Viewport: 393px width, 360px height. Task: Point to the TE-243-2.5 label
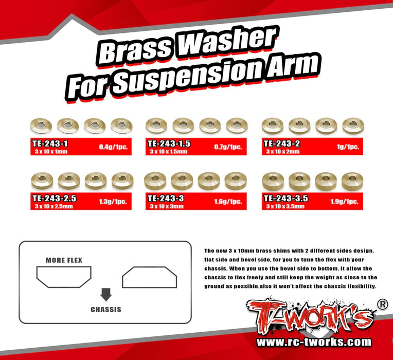coord(52,197)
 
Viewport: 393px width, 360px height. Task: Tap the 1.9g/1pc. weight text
coord(344,202)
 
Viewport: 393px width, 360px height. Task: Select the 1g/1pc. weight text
coord(348,147)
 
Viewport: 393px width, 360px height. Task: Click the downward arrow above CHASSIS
coord(106,294)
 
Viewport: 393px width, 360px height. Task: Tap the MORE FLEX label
coord(64,260)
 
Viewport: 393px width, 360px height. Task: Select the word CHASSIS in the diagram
coord(106,309)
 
